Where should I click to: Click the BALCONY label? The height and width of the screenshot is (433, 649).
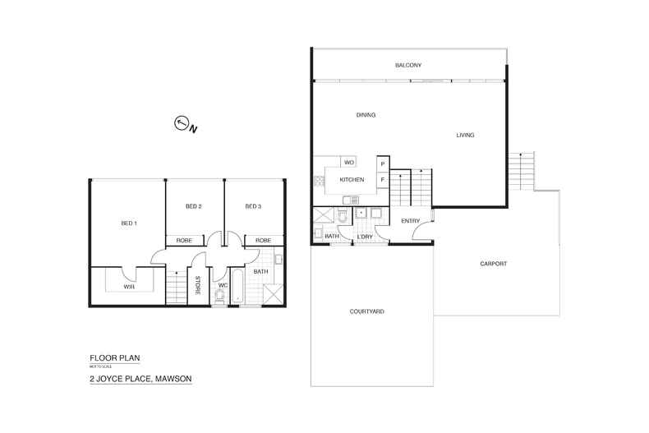[407, 65]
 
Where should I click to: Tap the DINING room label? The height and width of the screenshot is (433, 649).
[366, 115]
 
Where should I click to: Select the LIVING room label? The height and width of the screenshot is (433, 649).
[465, 135]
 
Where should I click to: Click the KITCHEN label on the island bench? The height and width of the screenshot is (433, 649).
[352, 179]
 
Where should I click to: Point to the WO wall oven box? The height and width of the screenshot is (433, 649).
[348, 163]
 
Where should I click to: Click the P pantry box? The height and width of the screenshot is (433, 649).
[382, 164]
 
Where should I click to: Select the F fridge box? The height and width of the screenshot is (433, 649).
[382, 179]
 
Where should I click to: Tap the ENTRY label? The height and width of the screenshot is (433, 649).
[410, 221]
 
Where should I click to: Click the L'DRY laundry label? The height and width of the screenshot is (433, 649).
[365, 237]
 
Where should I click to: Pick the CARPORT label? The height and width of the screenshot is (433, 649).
[493, 264]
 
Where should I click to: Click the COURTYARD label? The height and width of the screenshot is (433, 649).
[367, 311]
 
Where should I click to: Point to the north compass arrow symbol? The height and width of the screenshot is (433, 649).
[182, 124]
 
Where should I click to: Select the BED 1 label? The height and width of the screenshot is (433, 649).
[129, 223]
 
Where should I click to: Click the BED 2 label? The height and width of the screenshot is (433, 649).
[194, 206]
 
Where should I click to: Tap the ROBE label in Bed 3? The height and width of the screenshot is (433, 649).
[263, 240]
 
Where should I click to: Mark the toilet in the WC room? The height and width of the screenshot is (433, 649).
[219, 295]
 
